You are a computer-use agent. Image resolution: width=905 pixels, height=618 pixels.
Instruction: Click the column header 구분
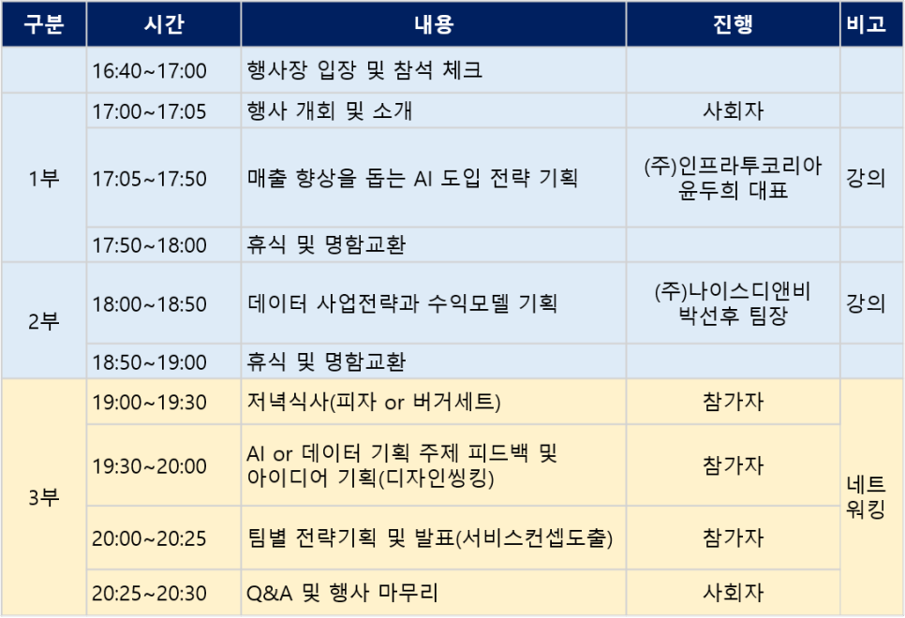tap(44, 24)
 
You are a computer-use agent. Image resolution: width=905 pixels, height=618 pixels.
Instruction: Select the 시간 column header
tap(164, 24)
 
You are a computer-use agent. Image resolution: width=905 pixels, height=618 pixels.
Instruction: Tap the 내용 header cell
tap(434, 24)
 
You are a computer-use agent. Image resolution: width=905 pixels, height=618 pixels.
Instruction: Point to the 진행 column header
tap(733, 24)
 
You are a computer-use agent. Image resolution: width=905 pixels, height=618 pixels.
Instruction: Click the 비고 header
tap(867, 24)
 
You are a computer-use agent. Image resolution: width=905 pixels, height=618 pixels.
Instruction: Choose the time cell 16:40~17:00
tap(150, 71)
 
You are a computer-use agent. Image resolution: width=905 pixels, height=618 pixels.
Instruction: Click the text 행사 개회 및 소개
tap(330, 110)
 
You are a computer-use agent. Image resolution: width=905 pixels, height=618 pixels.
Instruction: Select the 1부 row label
tap(44, 178)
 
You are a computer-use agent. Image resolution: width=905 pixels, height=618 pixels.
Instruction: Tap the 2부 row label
tap(44, 321)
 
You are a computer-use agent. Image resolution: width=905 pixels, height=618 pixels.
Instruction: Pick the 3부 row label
tap(44, 497)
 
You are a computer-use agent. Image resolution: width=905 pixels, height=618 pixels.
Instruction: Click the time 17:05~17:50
tap(150, 179)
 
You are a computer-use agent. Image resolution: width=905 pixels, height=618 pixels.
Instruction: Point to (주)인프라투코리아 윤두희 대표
tap(733, 178)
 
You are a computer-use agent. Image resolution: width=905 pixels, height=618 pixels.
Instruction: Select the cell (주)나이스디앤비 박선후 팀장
tap(733, 303)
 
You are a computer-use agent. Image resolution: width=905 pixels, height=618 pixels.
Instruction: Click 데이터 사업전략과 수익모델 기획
tap(402, 303)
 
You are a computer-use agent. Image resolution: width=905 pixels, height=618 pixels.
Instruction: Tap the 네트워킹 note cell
tap(866, 497)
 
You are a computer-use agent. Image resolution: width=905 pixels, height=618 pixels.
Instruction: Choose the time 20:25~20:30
tap(150, 594)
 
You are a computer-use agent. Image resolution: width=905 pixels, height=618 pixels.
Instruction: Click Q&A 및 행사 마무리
tap(342, 593)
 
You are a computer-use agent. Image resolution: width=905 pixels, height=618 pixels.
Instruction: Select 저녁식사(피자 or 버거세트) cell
tap(374, 402)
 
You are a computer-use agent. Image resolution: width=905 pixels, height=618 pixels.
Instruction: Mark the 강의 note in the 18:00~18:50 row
tap(866, 303)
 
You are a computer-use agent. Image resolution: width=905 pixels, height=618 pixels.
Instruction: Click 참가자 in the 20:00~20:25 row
tap(733, 537)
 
